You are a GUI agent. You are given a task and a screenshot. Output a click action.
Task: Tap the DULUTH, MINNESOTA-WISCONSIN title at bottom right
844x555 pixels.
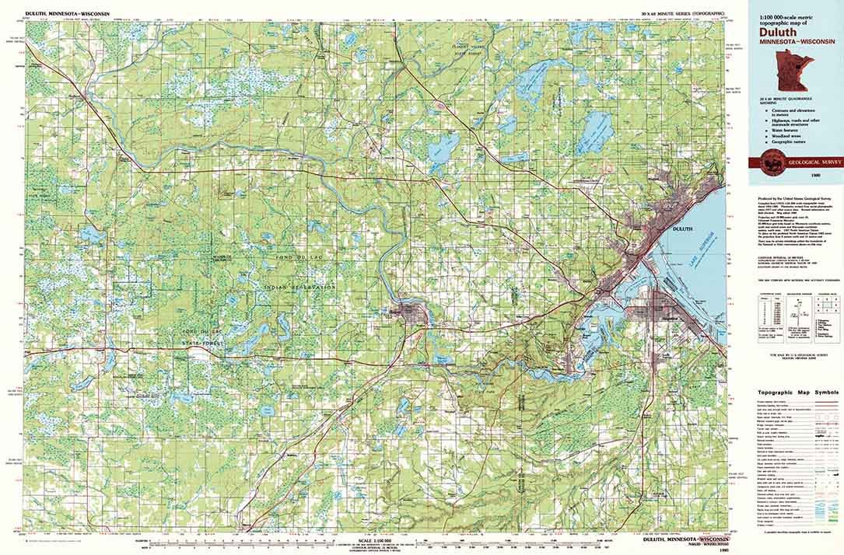point(687,539)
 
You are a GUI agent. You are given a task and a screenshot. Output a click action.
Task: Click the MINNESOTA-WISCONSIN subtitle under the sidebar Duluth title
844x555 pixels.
point(782,42)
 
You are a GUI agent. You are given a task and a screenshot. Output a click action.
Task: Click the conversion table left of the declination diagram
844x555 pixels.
point(767,316)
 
